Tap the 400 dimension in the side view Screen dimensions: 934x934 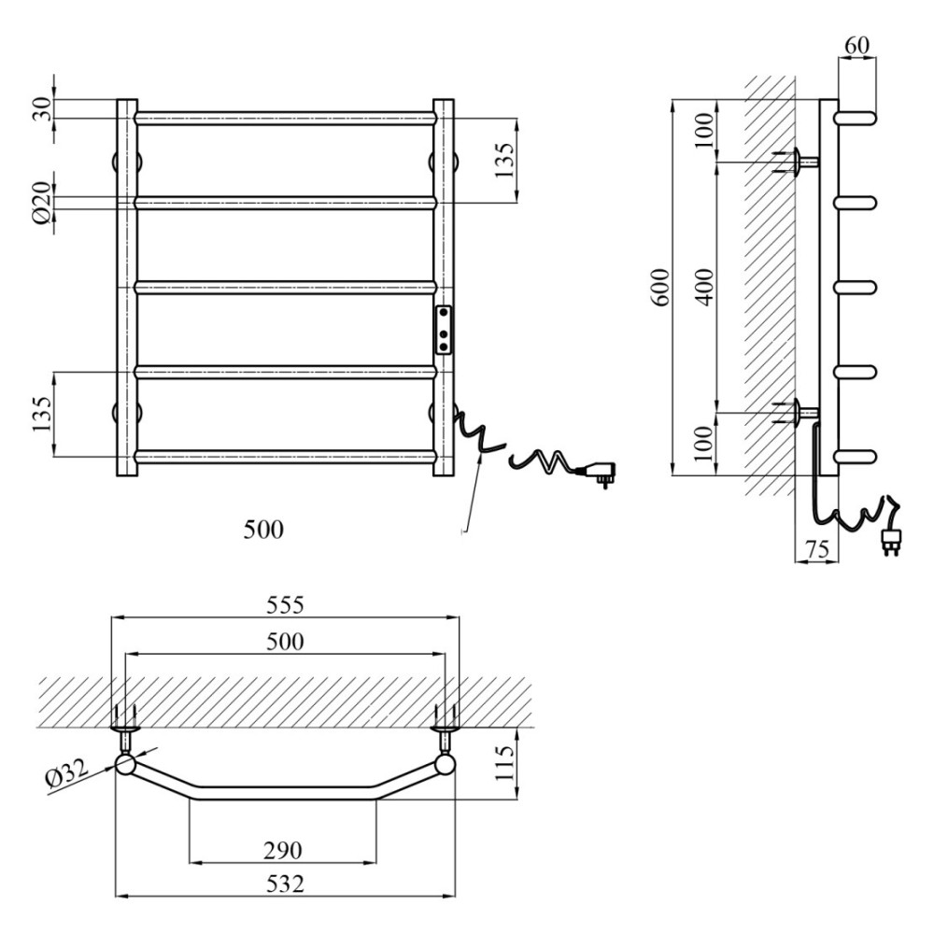pos(704,288)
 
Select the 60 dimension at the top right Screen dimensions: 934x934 pos(856,45)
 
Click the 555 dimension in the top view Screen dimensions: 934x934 pos(285,604)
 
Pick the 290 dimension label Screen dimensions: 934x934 pos(283,850)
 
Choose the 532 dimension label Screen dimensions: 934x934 pos(285,884)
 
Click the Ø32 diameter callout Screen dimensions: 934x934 pos(66,773)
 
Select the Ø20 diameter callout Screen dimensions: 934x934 pos(42,203)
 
